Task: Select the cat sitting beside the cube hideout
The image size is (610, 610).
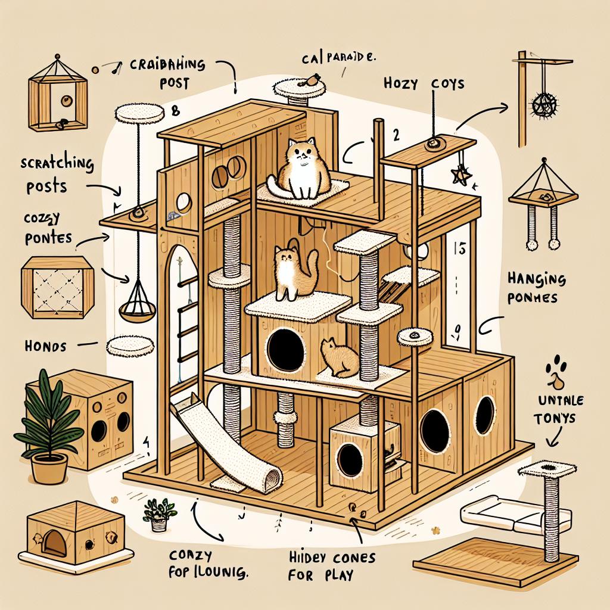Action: click(337, 357)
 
